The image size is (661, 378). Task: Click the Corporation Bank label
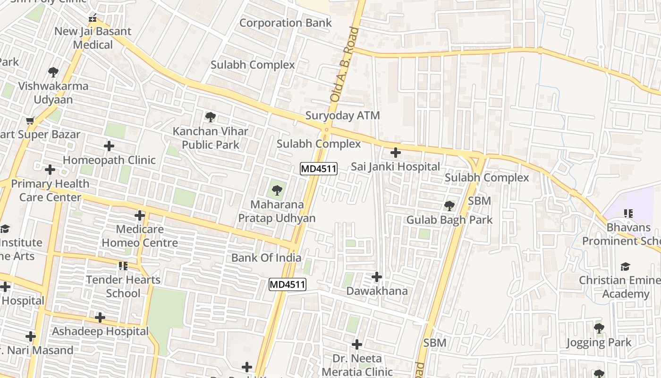click(285, 23)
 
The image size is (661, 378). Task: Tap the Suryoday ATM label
click(342, 115)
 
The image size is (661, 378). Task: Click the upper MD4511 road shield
click(319, 169)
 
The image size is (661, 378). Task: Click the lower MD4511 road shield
click(288, 284)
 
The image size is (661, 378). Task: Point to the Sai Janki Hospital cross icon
click(396, 153)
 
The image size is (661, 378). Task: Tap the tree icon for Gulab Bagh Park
click(449, 206)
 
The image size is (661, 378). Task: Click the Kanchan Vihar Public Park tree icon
click(211, 117)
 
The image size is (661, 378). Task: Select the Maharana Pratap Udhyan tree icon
click(277, 191)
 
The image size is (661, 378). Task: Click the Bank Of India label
click(266, 258)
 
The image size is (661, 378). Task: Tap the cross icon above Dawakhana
click(377, 277)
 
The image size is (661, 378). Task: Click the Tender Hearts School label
click(123, 286)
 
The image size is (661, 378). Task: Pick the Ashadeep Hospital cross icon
click(100, 317)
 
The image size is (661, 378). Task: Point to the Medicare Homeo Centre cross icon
click(140, 215)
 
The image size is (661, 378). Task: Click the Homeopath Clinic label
click(109, 160)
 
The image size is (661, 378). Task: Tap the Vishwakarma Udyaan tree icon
click(53, 72)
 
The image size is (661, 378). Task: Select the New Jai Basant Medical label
click(93, 38)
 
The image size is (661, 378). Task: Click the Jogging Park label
click(599, 342)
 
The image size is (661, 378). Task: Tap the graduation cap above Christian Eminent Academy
click(626, 266)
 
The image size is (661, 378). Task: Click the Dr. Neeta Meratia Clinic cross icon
click(357, 344)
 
